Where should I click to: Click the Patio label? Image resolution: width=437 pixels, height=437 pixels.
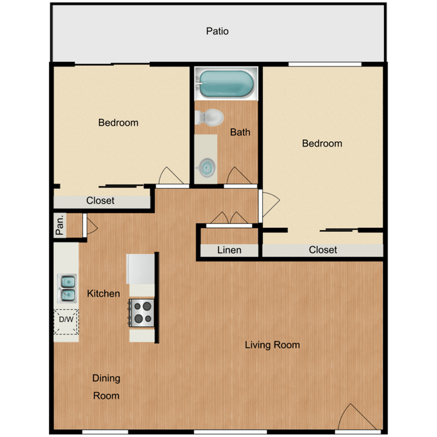tap(217, 31)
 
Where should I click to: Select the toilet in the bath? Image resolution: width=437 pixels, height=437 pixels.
tap(210, 118)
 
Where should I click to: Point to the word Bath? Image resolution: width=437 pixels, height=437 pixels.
tap(240, 132)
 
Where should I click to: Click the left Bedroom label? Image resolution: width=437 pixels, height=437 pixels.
tap(118, 122)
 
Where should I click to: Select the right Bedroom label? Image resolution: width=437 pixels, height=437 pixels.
tap(322, 143)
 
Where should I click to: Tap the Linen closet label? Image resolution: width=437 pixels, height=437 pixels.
tap(229, 250)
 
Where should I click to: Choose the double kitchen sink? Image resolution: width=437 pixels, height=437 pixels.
tap(67, 287)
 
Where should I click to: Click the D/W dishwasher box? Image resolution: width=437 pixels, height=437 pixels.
tap(67, 320)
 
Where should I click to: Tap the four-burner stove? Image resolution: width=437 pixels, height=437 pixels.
tap(142, 313)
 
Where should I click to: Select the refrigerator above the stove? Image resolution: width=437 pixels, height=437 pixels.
tap(141, 270)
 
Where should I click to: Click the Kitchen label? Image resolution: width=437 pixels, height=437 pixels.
tap(104, 293)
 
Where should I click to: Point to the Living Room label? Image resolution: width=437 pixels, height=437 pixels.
tap(272, 345)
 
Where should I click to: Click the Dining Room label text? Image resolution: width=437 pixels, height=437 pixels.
tap(106, 387)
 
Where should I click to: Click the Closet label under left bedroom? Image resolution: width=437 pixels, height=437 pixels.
tap(100, 200)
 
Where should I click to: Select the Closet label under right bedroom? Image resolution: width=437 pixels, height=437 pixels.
tap(323, 249)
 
